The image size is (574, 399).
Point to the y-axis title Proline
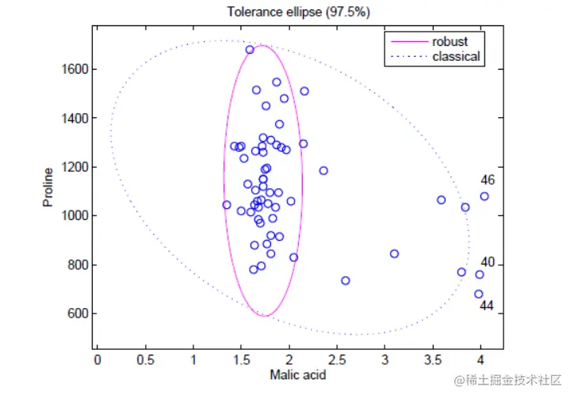pos(48,187)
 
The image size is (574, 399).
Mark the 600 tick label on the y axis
pos(77,313)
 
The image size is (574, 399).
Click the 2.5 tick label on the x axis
pos(337,360)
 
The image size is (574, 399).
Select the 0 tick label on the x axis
pos(97,360)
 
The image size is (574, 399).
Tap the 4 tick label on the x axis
pos(481,360)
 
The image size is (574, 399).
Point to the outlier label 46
pos(488,180)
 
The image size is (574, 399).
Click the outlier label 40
pos(488,263)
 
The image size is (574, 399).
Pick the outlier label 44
pos(488,306)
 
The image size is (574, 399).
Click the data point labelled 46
pos(484,196)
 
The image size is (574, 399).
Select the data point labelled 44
pos(479,294)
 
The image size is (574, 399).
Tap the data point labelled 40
pos(480,275)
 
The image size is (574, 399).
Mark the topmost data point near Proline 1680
pos(250,50)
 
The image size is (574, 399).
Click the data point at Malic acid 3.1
pos(394,254)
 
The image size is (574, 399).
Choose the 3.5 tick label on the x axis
pos(433,360)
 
